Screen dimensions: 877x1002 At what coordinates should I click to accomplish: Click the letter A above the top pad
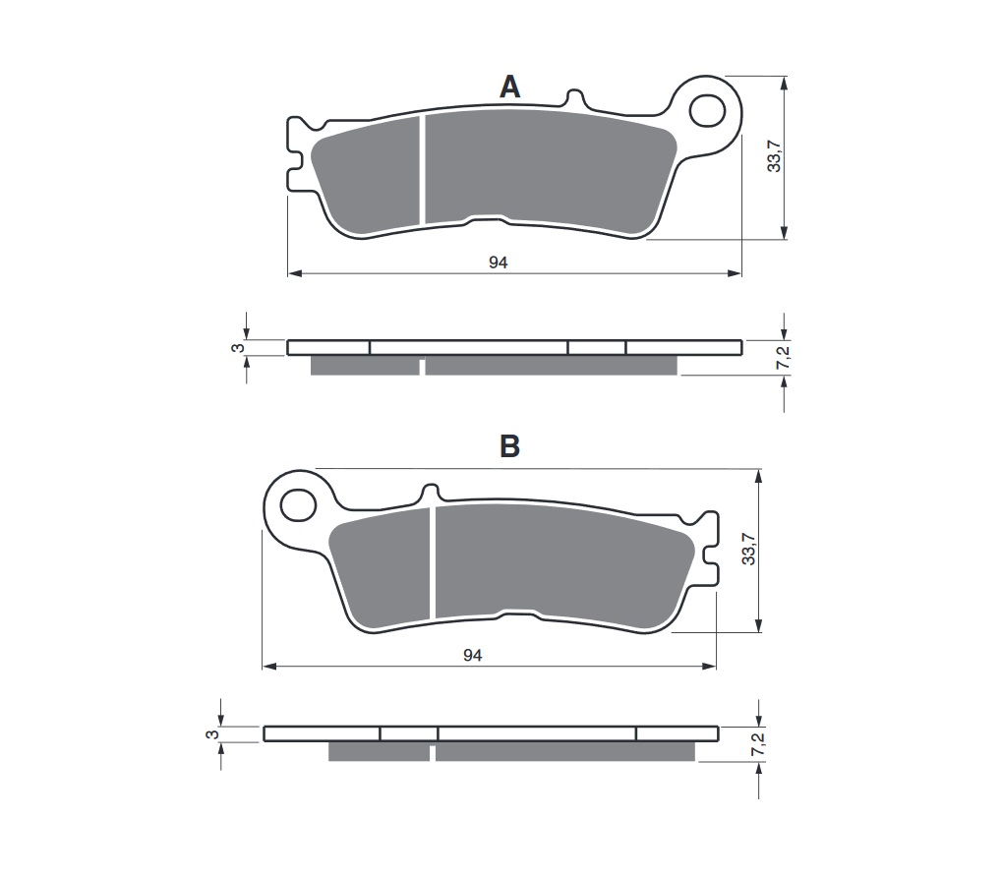pos(509,88)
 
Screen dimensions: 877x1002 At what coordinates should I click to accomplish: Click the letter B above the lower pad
pos(509,446)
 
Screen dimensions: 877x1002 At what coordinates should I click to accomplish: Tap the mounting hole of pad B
pos(294,505)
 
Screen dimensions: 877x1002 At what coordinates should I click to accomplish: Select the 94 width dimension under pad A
pos(498,262)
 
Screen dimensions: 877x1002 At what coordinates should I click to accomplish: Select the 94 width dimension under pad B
pos(473,655)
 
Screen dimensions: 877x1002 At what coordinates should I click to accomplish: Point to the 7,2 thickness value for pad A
pos(784,362)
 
